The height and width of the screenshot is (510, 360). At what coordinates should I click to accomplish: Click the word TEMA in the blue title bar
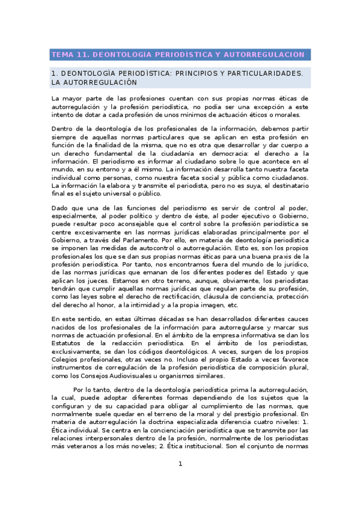point(61,55)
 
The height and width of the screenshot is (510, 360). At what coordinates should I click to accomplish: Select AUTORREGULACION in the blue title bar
point(263,55)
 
